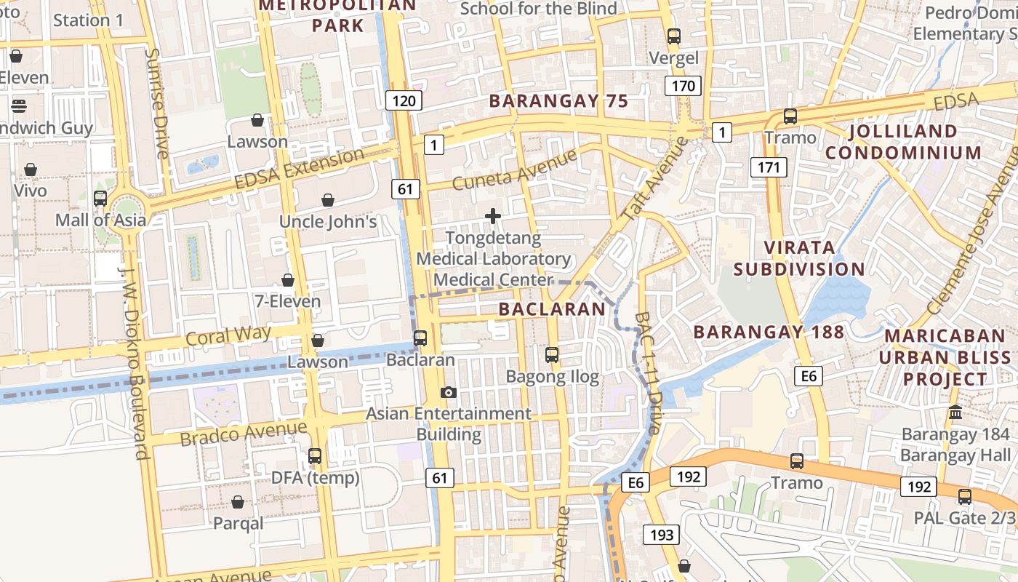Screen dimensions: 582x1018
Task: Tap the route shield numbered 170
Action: point(683,87)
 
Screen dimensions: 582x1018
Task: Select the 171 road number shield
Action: point(768,168)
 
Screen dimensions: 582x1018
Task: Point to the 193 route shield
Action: point(662,535)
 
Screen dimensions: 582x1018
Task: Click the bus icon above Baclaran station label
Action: point(420,338)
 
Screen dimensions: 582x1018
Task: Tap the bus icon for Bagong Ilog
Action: point(552,355)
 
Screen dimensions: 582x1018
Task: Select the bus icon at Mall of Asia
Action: point(100,198)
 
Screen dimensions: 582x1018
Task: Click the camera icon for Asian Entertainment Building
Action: point(449,392)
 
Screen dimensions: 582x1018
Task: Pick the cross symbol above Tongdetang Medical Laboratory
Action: point(493,216)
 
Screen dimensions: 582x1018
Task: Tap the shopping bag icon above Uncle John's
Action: point(328,200)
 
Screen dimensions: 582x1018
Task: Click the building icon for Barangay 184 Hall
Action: point(955,412)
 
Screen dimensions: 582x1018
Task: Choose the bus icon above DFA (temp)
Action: point(315,456)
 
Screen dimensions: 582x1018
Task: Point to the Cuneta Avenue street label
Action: point(514,170)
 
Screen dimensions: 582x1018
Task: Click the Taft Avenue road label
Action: point(655,178)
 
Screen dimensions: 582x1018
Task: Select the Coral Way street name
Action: point(228,335)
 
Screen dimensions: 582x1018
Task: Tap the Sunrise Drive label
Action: point(157,103)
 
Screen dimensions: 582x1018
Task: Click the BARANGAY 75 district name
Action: point(558,101)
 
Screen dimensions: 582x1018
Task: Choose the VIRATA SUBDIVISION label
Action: point(799,258)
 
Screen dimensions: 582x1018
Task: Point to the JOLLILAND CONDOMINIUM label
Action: point(903,142)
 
